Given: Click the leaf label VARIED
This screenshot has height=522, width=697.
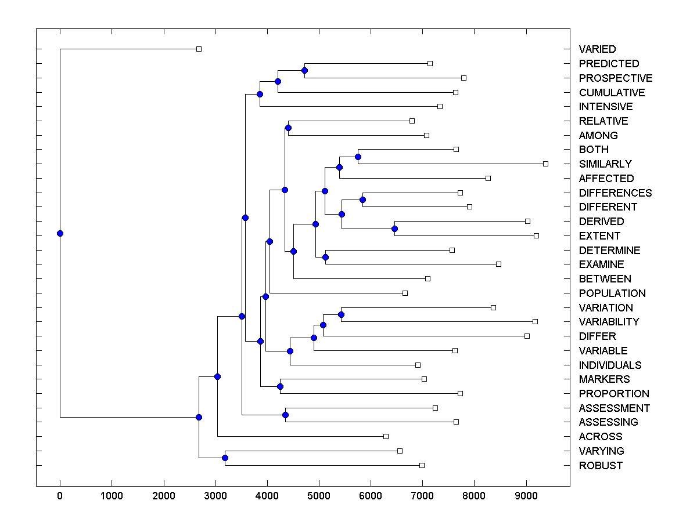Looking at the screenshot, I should [x=597, y=49].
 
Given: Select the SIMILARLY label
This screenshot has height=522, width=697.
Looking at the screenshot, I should [x=605, y=164].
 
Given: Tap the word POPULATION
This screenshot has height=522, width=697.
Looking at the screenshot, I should [x=612, y=293].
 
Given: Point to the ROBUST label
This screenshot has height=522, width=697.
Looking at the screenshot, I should [x=601, y=466].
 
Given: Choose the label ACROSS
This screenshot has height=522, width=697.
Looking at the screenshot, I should [x=601, y=437].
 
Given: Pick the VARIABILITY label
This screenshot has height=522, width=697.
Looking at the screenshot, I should [x=609, y=322].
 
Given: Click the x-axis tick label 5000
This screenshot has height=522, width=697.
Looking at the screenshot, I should [x=318, y=496].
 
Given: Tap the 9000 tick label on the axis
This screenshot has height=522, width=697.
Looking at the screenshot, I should [x=526, y=496].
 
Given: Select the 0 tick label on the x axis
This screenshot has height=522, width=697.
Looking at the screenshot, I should [x=60, y=496].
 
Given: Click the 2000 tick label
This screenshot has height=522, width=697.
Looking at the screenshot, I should [x=163, y=496].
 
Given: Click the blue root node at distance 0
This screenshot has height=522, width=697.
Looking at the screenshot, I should [x=60, y=233].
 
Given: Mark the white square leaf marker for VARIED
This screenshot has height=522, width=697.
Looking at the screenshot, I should [x=199, y=49].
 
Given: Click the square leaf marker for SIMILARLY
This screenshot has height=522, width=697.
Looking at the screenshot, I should [x=545, y=164].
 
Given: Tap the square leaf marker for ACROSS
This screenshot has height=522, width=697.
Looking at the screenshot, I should [x=386, y=436].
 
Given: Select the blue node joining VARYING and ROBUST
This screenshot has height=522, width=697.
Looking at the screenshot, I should [x=225, y=458].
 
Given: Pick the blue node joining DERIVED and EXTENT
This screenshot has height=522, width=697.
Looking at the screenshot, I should [x=394, y=229].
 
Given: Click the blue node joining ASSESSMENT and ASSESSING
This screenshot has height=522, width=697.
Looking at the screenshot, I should [x=285, y=415].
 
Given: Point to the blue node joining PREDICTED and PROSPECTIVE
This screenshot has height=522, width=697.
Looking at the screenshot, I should [x=304, y=71].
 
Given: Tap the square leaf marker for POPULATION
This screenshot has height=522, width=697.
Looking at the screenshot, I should [x=405, y=293].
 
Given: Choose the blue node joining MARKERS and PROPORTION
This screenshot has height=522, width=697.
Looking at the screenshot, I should [x=280, y=386].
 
